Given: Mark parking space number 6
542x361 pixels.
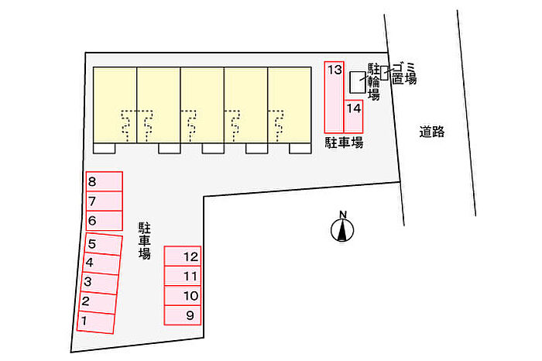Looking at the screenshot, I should (105, 221).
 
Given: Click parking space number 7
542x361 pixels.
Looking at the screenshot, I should (105, 201).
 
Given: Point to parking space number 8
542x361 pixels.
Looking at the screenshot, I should (105, 182).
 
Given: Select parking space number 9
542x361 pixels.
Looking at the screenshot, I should (183, 315).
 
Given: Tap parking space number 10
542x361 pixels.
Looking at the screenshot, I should (183, 296).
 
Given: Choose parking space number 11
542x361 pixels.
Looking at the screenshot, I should (183, 276).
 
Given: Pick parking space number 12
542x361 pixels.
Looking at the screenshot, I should (183, 256).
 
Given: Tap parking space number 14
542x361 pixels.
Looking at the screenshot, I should (354, 108).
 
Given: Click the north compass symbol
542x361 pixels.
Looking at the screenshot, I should (341, 229).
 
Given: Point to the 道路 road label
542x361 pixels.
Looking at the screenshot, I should (433, 132).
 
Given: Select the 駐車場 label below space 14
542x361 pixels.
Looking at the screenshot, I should (344, 143).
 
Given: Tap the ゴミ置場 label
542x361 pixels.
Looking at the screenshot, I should (403, 73).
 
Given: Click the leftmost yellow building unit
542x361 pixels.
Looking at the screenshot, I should (115, 105).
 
